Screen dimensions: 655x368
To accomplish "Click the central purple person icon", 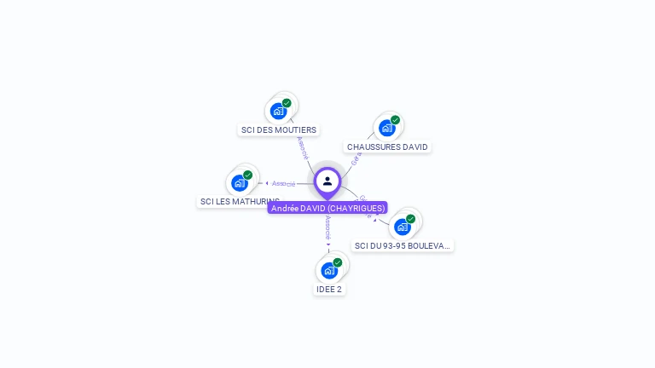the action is (327, 181).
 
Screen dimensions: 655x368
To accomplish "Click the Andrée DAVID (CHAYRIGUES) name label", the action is (327, 208).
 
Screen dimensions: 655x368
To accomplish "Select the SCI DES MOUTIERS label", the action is (279, 130).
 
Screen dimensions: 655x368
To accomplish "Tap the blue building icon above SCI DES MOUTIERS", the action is (278, 111).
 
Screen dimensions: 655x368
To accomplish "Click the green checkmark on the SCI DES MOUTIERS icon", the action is (287, 103).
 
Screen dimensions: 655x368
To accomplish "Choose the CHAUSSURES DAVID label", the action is (387, 147).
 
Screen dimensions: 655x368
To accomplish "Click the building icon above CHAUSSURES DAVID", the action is (386, 128).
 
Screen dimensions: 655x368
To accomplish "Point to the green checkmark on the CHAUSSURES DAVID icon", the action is (395, 120).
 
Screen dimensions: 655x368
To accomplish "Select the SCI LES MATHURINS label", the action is (239, 202).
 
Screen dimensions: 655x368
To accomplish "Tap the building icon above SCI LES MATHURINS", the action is (239, 182).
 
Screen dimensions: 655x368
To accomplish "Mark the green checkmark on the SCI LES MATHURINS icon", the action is (247, 175).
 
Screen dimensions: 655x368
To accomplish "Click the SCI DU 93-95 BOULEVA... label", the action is (403, 245).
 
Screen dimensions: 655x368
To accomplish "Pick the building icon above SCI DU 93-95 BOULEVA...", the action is (402, 227).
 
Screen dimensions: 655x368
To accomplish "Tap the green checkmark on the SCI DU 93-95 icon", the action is (410, 219).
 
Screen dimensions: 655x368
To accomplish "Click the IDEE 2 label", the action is (329, 289).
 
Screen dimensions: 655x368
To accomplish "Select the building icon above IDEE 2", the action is (328, 270).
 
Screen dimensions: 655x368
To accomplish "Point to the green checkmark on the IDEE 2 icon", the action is (337, 262).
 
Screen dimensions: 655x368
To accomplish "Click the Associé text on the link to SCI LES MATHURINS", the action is (284, 183).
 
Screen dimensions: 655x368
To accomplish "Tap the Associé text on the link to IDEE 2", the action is (328, 226).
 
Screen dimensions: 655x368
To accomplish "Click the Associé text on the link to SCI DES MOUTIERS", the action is (303, 147).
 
